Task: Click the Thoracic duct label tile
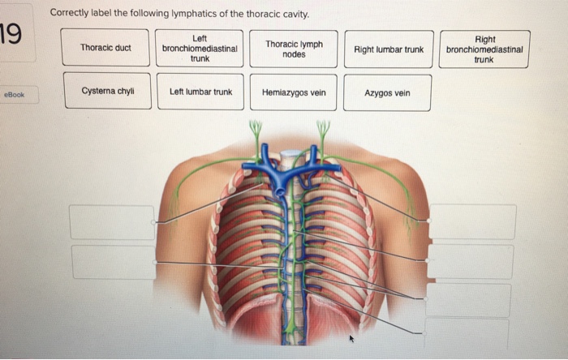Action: [x=105, y=48]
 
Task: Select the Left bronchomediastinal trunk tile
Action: [x=199, y=48]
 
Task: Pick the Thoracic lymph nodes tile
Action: [x=294, y=48]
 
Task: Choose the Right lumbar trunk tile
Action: [x=389, y=49]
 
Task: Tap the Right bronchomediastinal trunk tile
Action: [x=484, y=49]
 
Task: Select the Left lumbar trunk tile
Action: [x=200, y=92]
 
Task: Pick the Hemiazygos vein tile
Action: [x=294, y=92]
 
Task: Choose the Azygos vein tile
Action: [x=387, y=92]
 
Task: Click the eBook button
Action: [x=15, y=95]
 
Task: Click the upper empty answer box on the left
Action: [x=112, y=222]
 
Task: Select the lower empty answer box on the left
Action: [x=113, y=262]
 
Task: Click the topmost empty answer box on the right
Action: [x=471, y=221]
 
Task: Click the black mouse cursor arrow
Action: [x=352, y=337]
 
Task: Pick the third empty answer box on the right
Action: [x=468, y=299]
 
